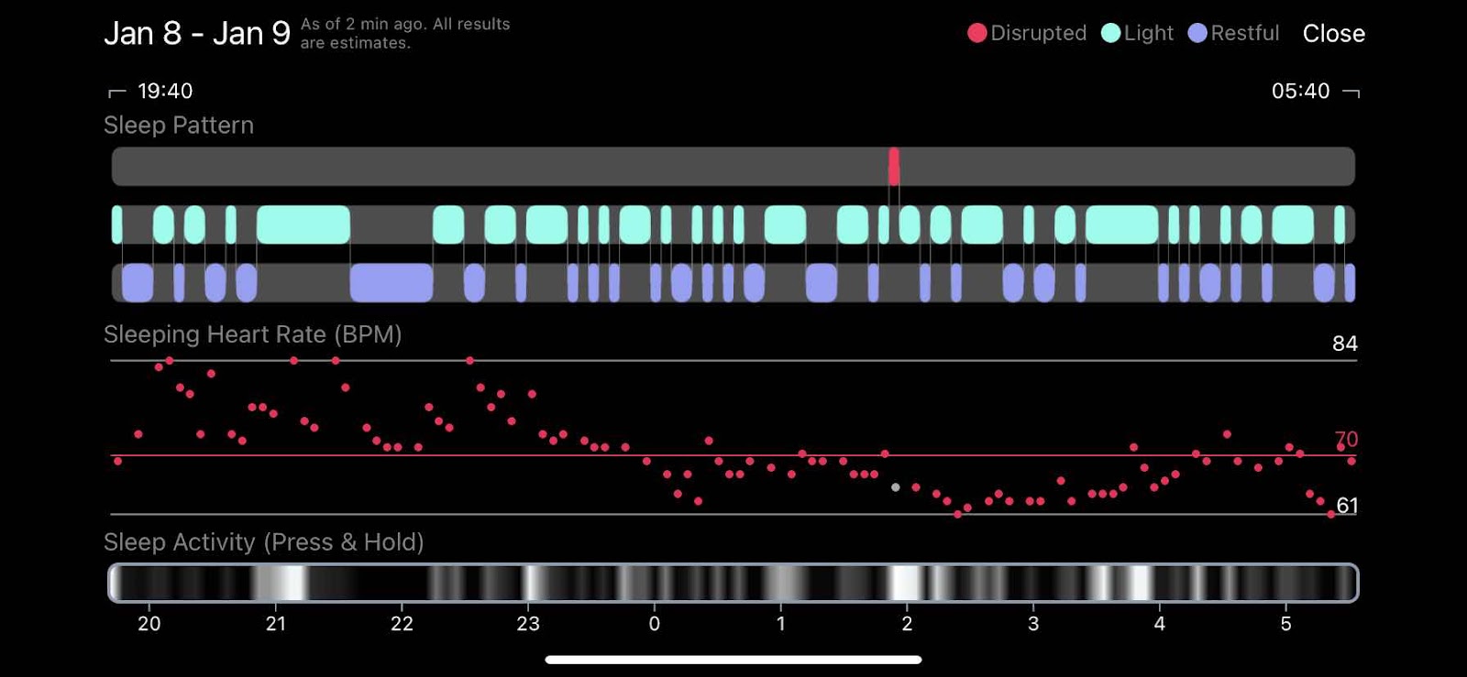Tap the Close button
[x=1333, y=34]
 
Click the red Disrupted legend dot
[x=977, y=33]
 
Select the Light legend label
[x=1148, y=33]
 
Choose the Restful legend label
[x=1244, y=33]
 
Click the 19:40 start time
[x=165, y=91]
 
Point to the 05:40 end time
[x=1300, y=91]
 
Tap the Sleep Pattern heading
[x=179, y=126]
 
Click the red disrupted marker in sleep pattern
[x=894, y=167]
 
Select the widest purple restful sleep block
[x=392, y=282]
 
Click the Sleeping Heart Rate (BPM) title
[x=252, y=334]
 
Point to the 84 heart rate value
[x=1344, y=344]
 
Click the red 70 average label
[x=1346, y=440]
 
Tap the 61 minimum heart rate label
[x=1347, y=506]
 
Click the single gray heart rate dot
[x=896, y=487]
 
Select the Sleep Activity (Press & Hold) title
[x=263, y=542]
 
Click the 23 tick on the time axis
[x=528, y=624]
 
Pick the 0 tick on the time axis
[x=654, y=624]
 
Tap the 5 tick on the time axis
[x=1285, y=624]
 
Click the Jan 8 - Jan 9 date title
[x=196, y=34]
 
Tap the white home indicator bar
[x=733, y=660]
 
